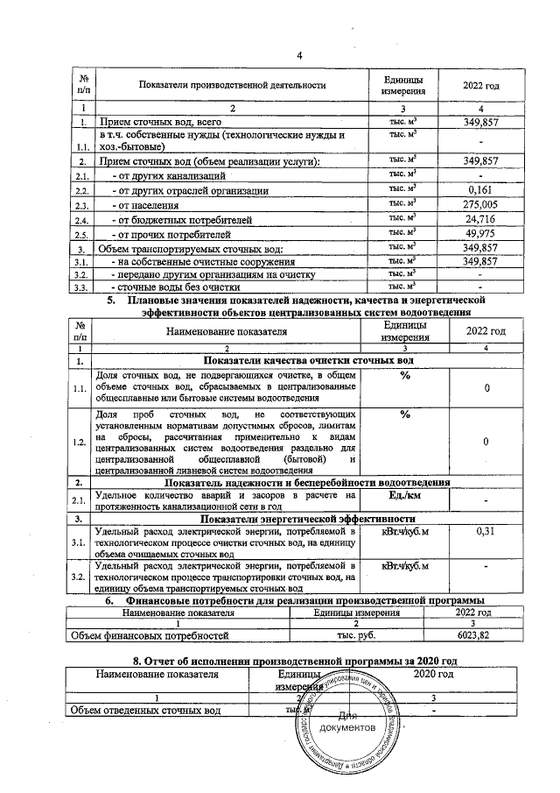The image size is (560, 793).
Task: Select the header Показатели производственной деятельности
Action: [232, 85]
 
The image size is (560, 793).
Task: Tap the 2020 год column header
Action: [433, 674]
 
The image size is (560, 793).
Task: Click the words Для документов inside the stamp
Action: [347, 722]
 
